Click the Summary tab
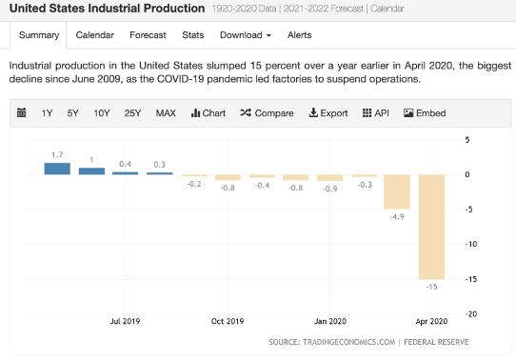coord(38,35)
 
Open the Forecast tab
coord(148,35)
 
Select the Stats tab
coord(193,35)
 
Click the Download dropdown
coord(245,35)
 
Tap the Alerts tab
coord(300,35)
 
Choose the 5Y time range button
coord(73,113)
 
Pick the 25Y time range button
coord(133,113)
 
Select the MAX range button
coord(166,113)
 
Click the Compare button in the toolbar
coord(267,113)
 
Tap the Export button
coord(328,113)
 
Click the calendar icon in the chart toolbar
coord(22,113)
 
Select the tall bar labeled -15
coord(433,227)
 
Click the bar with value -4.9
coord(397,191)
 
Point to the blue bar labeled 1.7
coord(57,169)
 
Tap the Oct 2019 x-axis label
coord(228,322)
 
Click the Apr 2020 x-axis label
coord(432,322)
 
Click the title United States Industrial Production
coord(106,9)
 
